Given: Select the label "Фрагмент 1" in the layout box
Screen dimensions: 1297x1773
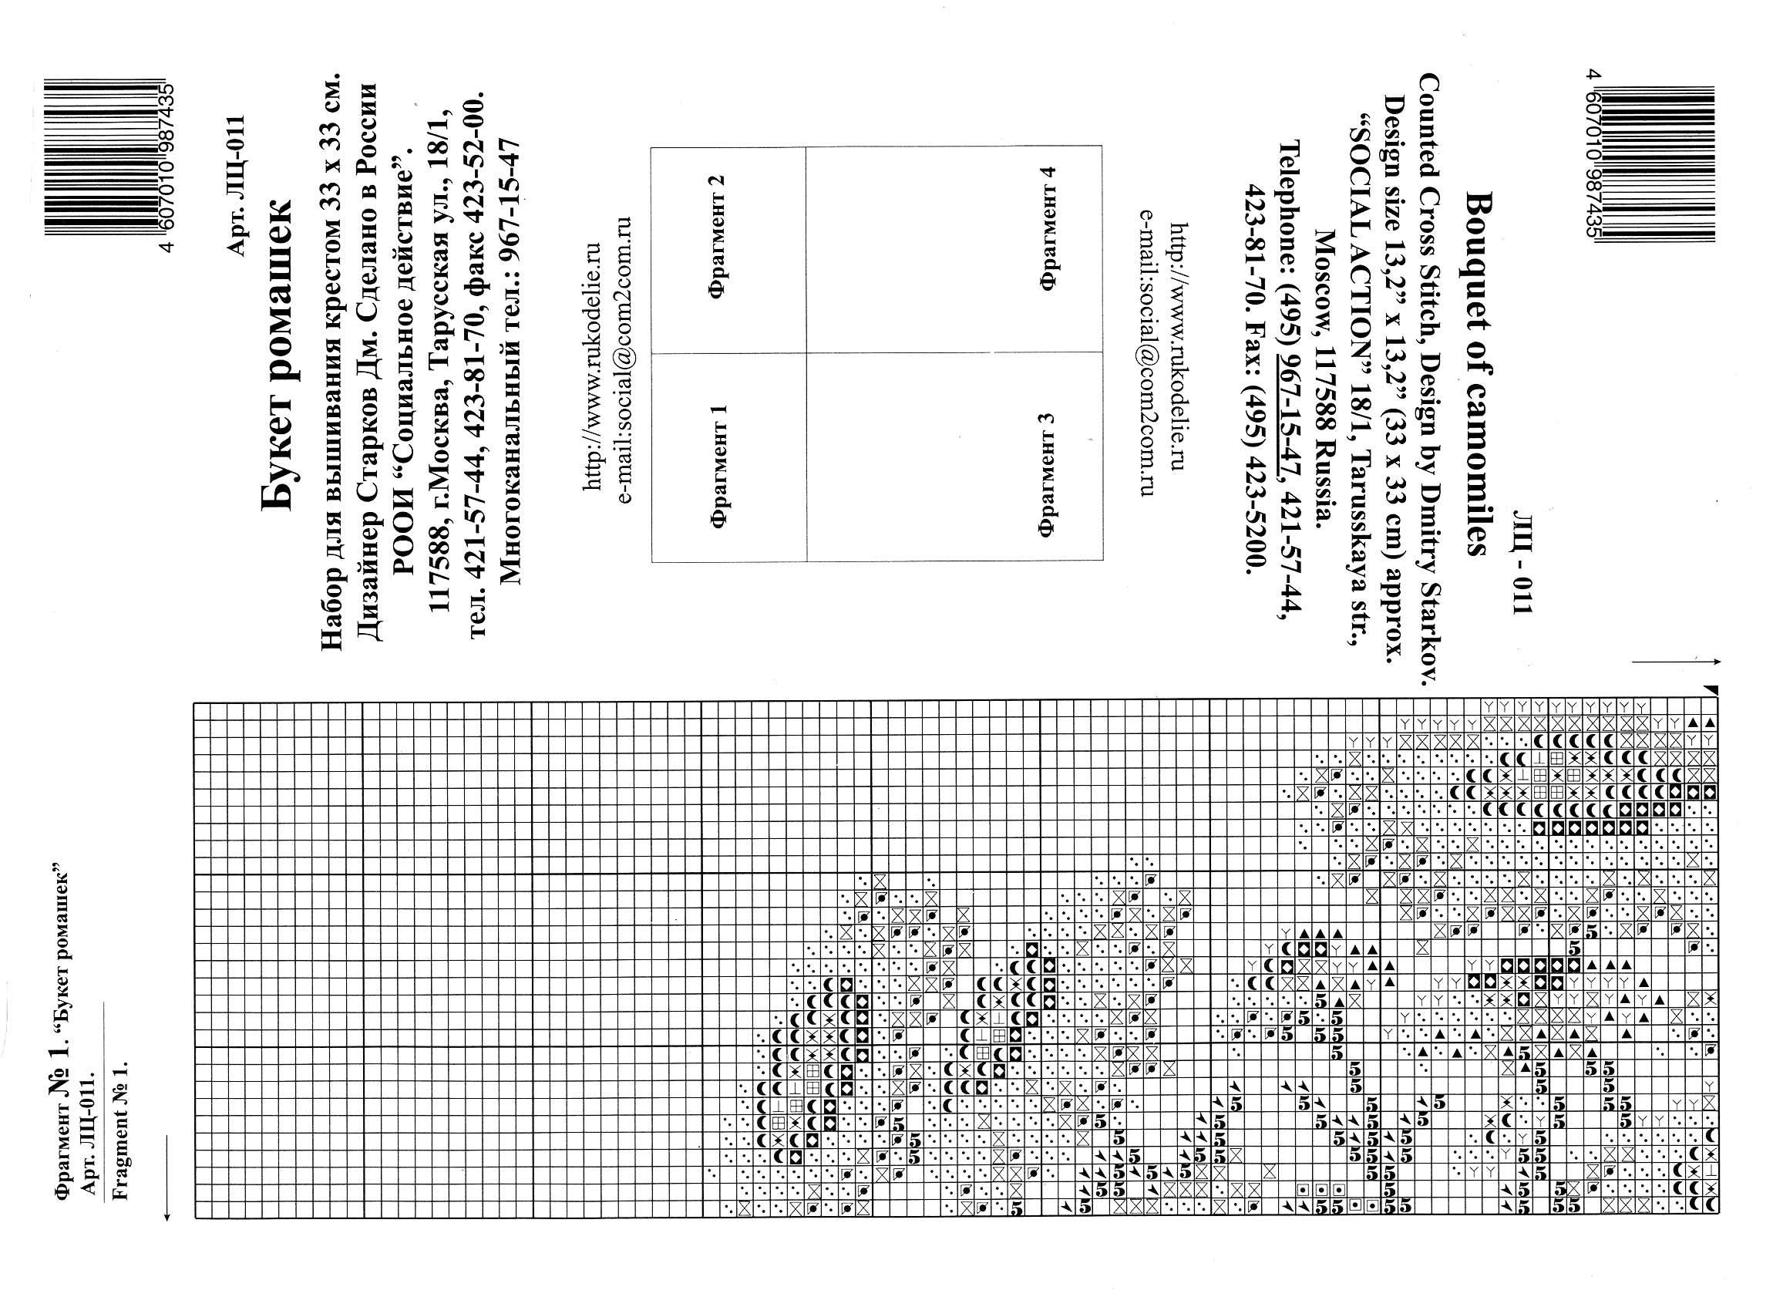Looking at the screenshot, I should click(719, 467).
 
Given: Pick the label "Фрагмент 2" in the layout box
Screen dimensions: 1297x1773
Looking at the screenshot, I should click(719, 236).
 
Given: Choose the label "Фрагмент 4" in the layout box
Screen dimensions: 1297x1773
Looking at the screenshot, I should click(1046, 228).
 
